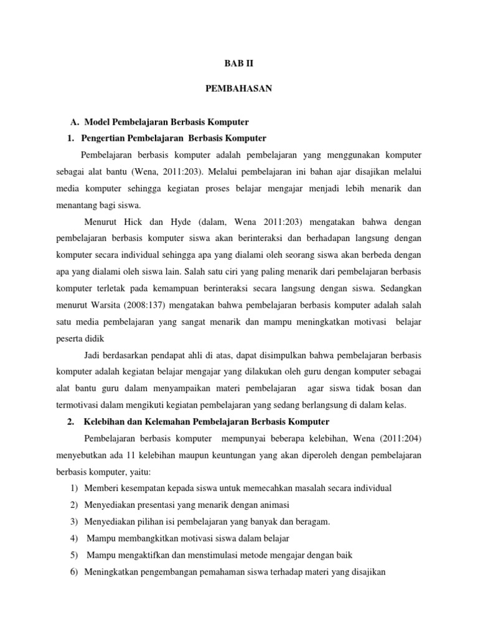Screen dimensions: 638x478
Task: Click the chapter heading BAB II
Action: point(239,64)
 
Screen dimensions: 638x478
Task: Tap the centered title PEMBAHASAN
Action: point(239,90)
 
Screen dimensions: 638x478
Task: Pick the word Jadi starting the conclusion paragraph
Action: point(91,355)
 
